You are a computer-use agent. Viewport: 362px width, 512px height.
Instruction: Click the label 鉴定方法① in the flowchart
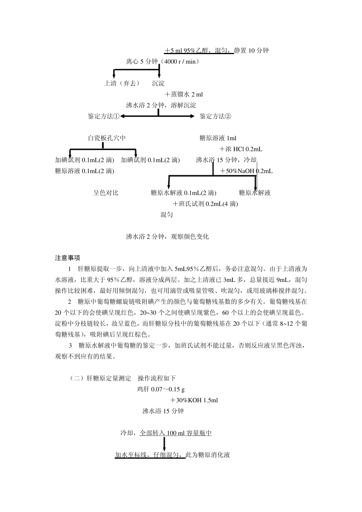[104, 116]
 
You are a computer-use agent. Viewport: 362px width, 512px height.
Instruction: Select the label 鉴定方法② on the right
[215, 116]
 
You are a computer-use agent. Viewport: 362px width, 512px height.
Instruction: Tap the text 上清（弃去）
[122, 83]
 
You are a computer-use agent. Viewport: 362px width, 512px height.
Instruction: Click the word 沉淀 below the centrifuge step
[158, 83]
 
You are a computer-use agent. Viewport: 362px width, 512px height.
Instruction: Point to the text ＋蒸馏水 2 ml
[184, 94]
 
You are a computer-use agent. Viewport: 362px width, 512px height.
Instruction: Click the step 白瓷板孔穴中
[107, 138]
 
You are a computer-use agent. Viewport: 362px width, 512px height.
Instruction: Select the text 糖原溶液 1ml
[218, 138]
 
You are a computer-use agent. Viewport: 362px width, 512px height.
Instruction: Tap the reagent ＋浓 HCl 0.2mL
[241, 149]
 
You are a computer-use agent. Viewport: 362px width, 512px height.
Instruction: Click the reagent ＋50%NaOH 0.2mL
[246, 171]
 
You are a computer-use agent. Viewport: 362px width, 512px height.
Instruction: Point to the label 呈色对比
[106, 193]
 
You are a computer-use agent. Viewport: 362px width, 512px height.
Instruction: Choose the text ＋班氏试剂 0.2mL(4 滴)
[205, 204]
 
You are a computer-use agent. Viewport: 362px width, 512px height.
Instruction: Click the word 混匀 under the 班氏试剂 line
[167, 215]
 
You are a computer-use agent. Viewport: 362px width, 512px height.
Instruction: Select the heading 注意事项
[67, 258]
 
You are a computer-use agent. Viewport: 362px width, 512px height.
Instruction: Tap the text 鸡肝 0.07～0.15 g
[161, 390]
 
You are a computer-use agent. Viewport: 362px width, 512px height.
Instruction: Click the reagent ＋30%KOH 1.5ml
[194, 400]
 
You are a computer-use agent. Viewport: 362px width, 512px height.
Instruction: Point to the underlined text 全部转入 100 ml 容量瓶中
[176, 433]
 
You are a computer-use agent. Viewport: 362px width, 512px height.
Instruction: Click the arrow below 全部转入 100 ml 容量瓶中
[164, 444]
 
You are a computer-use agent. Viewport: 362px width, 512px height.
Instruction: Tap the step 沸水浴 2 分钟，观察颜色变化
[167, 237]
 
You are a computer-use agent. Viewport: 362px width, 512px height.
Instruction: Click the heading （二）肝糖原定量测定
[100, 379]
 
